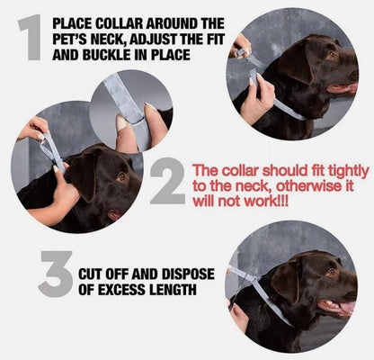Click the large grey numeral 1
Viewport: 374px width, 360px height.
31,38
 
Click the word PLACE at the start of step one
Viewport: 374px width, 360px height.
76,22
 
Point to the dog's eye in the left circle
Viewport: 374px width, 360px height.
120,176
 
